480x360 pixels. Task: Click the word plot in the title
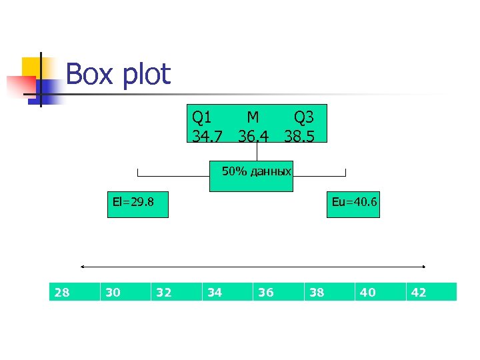click(x=146, y=75)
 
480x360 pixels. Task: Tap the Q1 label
click(x=202, y=117)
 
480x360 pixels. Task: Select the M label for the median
click(x=253, y=117)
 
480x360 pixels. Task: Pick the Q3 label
click(x=304, y=117)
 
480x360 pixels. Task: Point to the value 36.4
click(x=254, y=135)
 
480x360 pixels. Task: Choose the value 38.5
click(x=304, y=135)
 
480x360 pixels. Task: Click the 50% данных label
click(x=256, y=172)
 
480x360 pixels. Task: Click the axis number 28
click(x=62, y=292)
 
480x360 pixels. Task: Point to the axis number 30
click(x=113, y=292)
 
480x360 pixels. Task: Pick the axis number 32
click(x=163, y=292)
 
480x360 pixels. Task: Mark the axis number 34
click(x=215, y=292)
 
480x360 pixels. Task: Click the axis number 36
click(x=265, y=292)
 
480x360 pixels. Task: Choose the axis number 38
click(x=317, y=292)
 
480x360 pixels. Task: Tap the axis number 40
click(x=367, y=292)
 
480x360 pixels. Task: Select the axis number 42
click(x=419, y=292)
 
